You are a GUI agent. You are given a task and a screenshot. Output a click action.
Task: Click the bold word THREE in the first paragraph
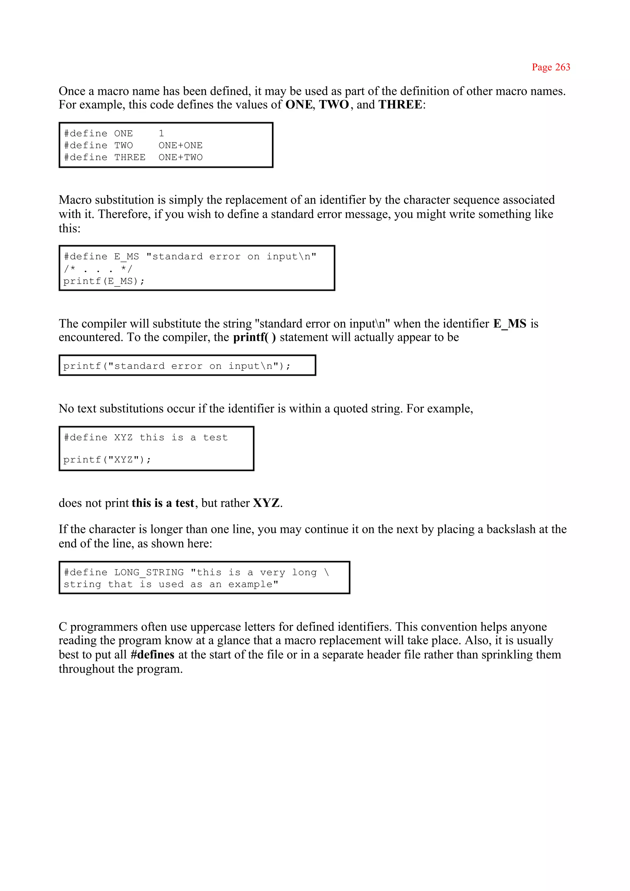click(400, 104)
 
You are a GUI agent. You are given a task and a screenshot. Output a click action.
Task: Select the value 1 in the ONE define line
click(161, 134)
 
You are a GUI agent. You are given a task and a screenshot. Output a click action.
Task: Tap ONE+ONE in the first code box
click(180, 146)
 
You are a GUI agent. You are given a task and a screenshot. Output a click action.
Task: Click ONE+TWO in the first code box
click(180, 157)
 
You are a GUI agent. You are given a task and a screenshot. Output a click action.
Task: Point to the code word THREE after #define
click(130, 157)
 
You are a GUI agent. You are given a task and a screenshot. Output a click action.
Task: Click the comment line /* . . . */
click(98, 269)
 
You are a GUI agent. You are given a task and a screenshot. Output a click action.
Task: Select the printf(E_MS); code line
click(104, 281)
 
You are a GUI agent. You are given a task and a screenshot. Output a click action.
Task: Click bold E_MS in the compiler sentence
click(509, 324)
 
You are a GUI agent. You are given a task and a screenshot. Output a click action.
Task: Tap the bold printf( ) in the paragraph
click(254, 337)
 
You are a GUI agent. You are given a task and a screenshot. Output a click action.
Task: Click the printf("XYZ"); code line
click(107, 460)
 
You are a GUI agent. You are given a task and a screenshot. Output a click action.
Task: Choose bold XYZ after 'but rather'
click(266, 503)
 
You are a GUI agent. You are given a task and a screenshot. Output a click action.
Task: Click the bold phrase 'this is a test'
click(162, 503)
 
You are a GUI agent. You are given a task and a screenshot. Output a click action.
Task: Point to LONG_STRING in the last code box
click(149, 573)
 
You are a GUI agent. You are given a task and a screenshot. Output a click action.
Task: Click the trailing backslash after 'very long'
click(326, 573)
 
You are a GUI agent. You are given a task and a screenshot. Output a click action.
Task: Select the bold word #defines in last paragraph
click(153, 654)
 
